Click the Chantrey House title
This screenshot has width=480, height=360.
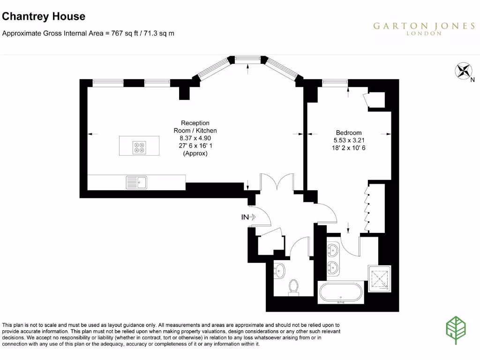click(44, 16)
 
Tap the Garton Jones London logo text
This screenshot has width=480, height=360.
click(423, 28)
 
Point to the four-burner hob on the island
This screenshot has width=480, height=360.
click(140, 147)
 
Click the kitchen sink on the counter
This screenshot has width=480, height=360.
click(136, 182)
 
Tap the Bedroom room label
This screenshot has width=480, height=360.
click(349, 133)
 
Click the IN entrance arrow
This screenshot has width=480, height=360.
click(248, 217)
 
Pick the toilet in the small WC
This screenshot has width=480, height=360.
click(294, 286)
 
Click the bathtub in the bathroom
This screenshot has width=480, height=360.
click(341, 293)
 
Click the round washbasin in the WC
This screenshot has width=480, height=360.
click(279, 270)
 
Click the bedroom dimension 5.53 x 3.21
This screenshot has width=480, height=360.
click(349, 140)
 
